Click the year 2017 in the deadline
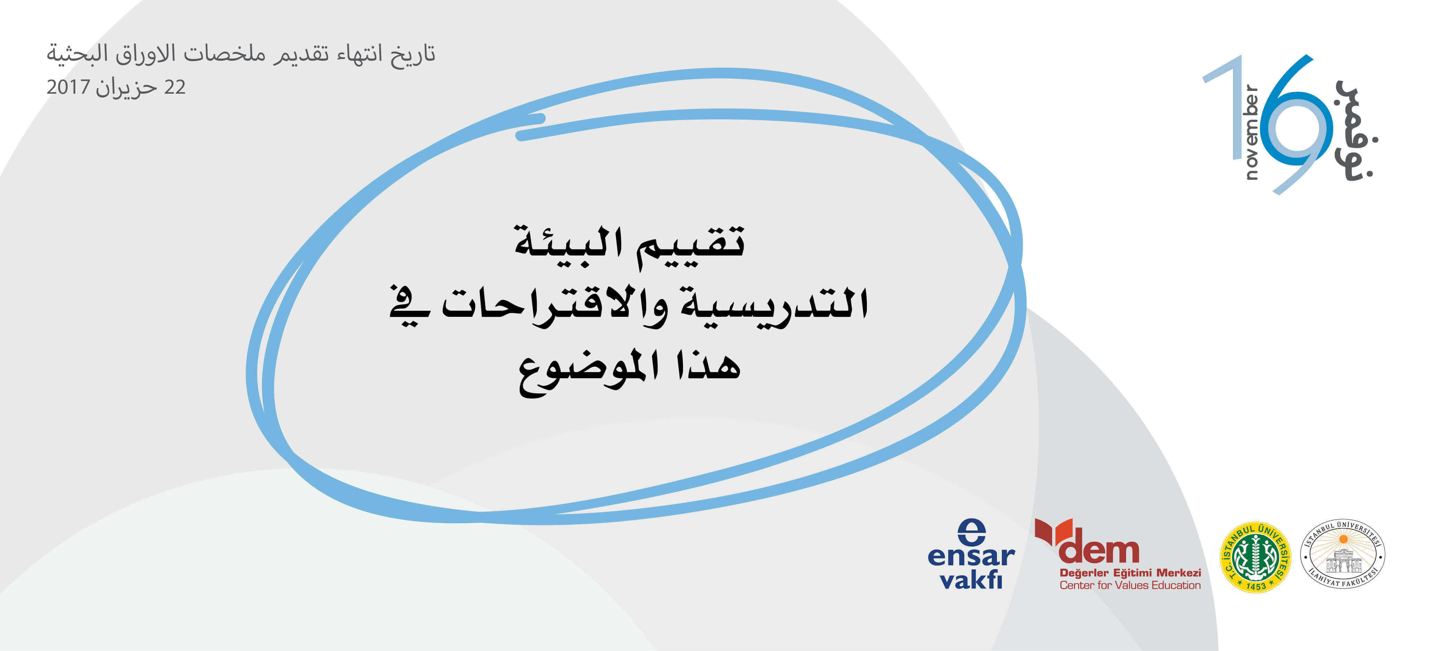68,87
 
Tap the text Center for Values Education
1130,585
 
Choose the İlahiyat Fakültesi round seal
1343,554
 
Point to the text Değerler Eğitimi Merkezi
1130,573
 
